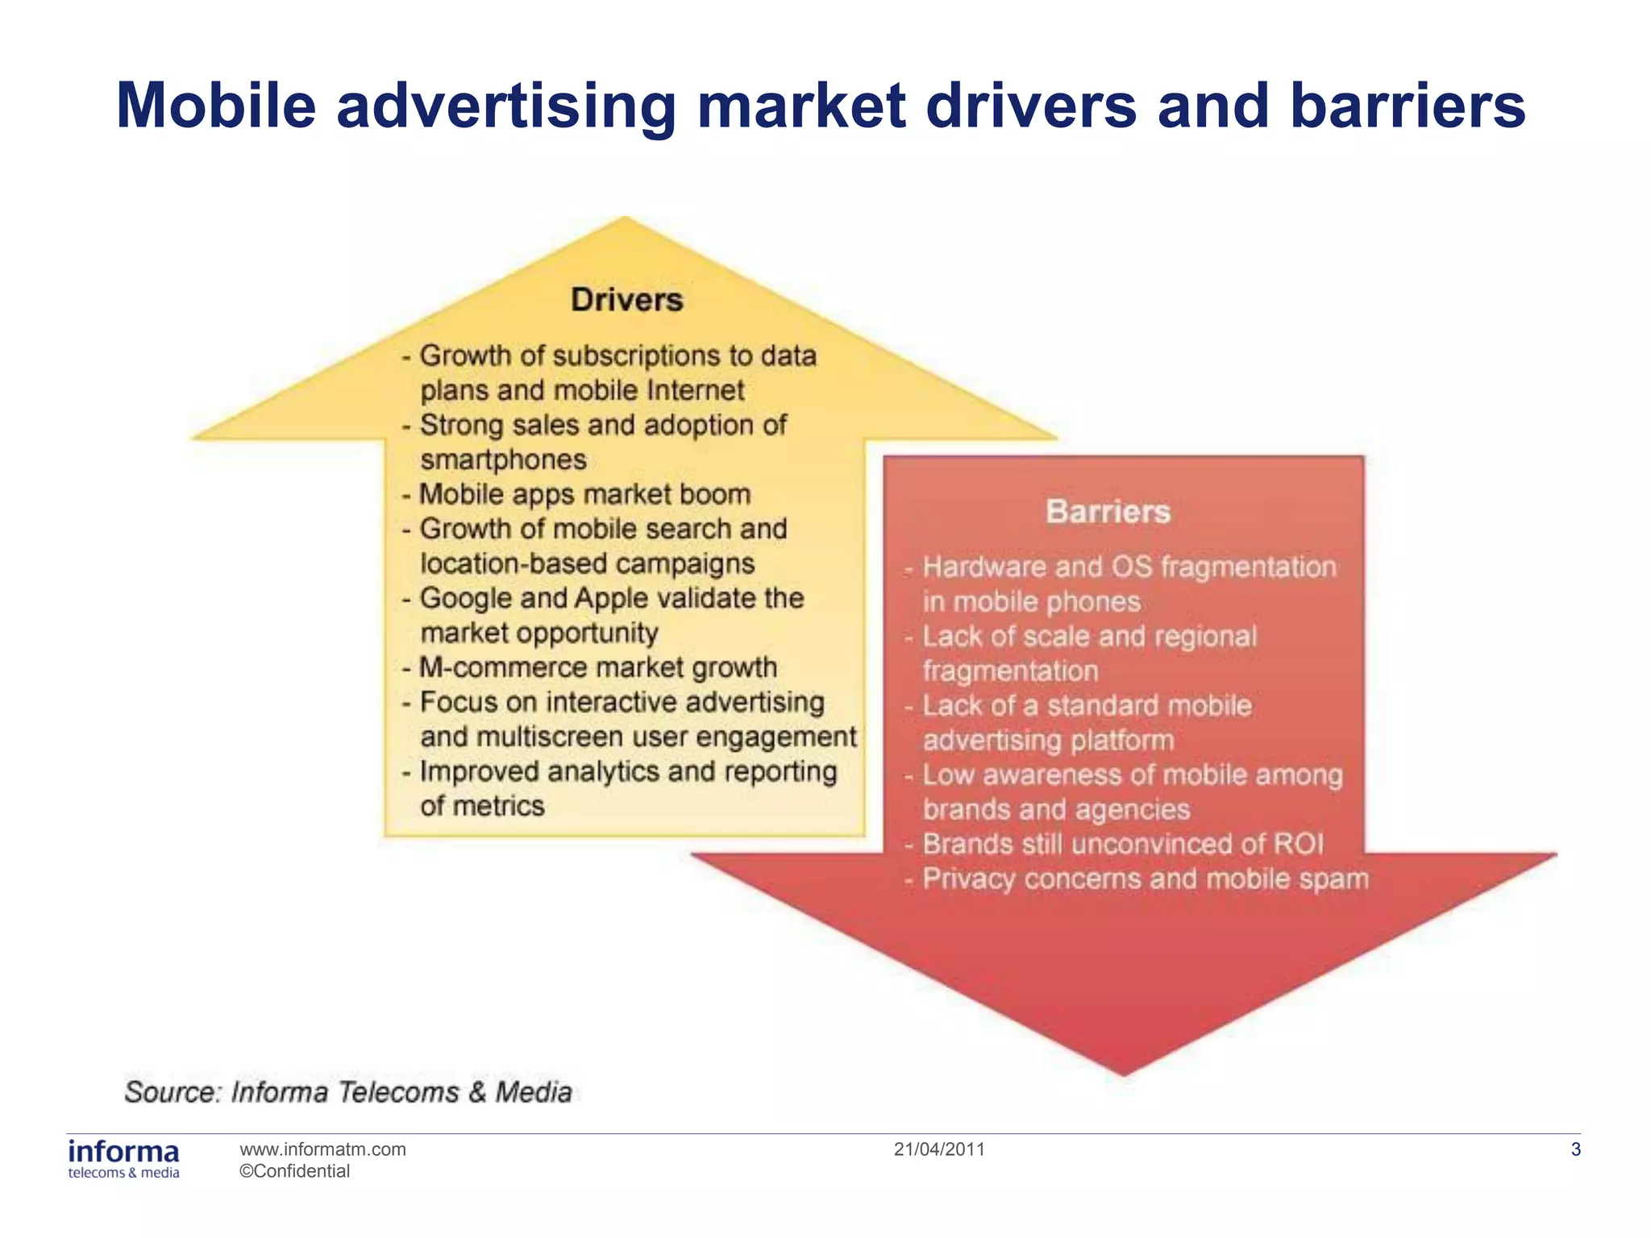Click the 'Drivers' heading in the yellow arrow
click(626, 300)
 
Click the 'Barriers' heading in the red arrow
click(1108, 512)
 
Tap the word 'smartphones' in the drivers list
click(503, 459)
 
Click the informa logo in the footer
click(123, 1158)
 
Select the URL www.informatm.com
click(322, 1149)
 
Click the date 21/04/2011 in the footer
click(939, 1149)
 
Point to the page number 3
click(1575, 1150)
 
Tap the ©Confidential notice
click(294, 1171)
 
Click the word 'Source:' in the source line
click(172, 1092)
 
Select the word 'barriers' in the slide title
click(1407, 106)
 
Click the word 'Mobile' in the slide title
click(216, 106)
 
